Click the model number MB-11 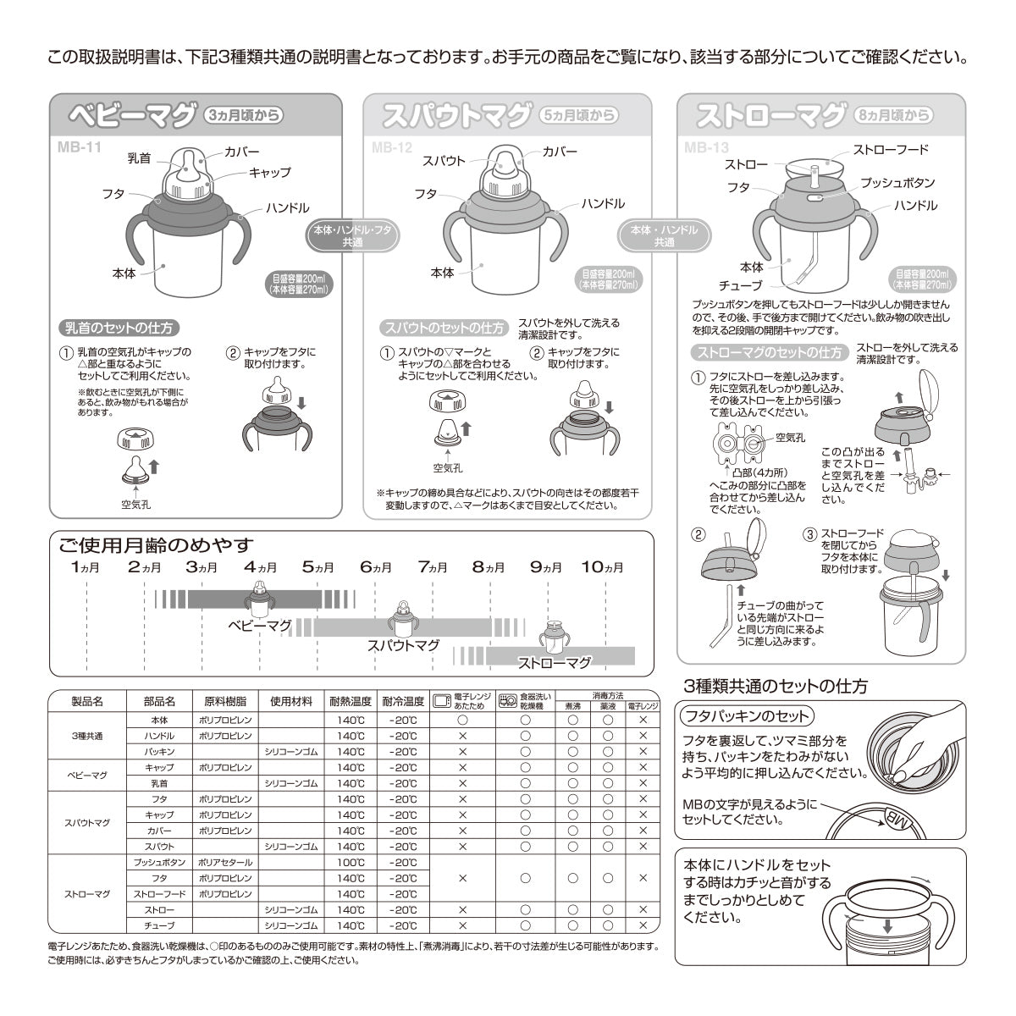click(76, 146)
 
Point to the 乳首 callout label click(139, 157)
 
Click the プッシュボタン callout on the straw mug click(897, 183)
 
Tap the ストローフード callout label click(891, 151)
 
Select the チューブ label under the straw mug click(740, 285)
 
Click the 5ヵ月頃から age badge click(578, 116)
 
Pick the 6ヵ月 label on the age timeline click(378, 566)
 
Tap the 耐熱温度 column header click(350, 702)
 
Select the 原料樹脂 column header click(224, 702)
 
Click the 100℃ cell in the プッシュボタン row click(350, 862)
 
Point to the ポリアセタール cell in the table click(224, 862)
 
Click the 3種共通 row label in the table click(87, 735)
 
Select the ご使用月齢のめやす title click(157, 544)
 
